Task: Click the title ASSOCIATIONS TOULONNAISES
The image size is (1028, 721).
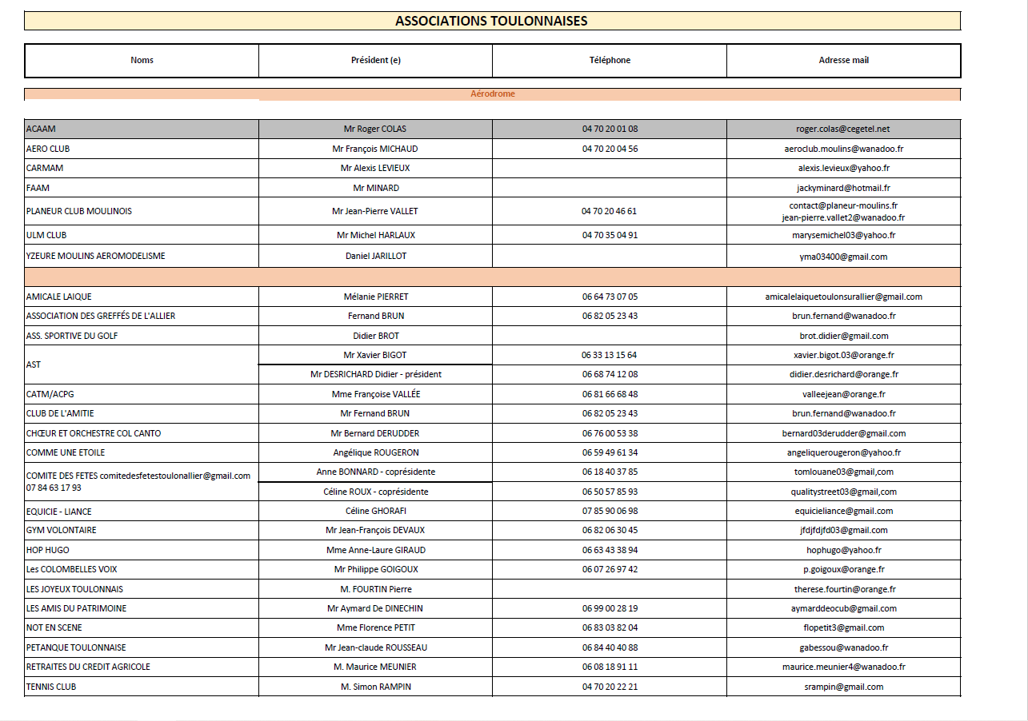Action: coord(491,21)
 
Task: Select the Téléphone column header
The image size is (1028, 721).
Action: coord(610,60)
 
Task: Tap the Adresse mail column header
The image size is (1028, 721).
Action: coord(843,60)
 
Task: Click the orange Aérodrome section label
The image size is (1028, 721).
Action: coord(492,94)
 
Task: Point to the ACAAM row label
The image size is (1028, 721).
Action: coord(41,129)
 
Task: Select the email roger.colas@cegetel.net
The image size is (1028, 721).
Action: coord(843,129)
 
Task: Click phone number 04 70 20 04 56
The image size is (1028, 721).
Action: coord(610,149)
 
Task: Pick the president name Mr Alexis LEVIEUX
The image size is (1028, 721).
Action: coord(375,168)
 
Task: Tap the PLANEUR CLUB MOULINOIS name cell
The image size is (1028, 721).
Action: coord(79,211)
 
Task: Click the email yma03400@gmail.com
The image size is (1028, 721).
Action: coord(843,257)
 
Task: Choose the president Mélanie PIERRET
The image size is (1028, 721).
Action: coord(375,297)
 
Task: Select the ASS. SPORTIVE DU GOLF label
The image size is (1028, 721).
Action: coord(72,336)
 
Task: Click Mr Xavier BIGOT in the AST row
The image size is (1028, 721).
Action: coord(375,355)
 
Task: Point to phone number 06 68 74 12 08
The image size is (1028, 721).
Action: coord(610,374)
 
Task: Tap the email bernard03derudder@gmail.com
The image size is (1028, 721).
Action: coord(843,433)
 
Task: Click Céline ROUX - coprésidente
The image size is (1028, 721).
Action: coord(375,492)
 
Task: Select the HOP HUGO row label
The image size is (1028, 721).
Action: coord(48,550)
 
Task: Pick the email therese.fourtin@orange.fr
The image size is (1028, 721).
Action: coord(843,589)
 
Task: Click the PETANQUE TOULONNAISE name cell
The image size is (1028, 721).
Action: coord(76,647)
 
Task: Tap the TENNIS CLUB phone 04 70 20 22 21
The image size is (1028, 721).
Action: coord(610,687)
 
